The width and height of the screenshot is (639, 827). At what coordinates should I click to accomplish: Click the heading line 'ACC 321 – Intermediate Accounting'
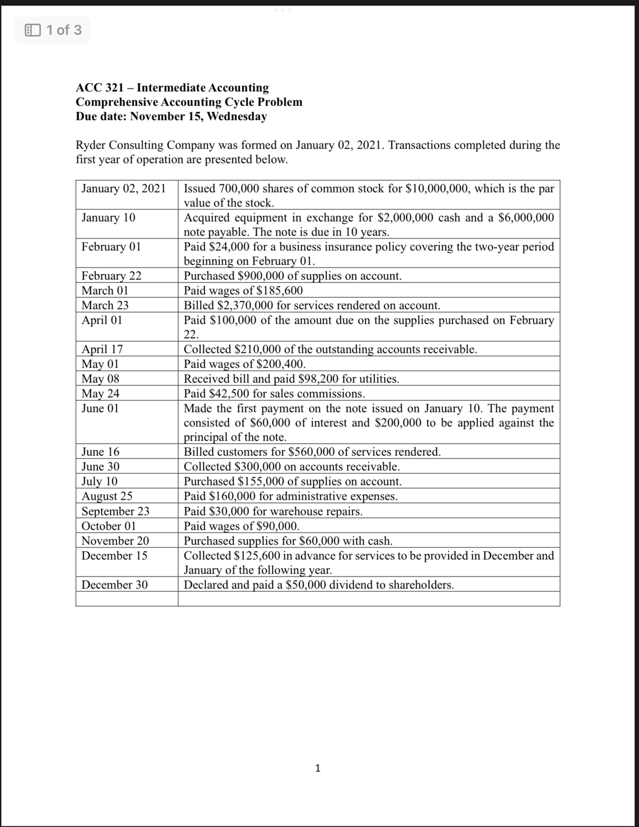coord(172,87)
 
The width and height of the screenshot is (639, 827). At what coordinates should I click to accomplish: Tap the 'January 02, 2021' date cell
coord(123,189)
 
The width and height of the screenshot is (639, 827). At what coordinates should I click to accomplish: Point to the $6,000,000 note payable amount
coord(526,217)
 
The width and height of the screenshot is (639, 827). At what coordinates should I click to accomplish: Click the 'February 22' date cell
coord(111,276)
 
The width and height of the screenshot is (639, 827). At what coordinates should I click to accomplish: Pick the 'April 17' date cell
coord(102,349)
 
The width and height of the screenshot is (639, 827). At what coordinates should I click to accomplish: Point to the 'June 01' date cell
coord(100,408)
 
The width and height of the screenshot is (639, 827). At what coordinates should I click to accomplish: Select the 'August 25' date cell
coord(107,496)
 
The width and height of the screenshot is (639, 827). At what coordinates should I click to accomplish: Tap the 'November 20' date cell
coord(115,541)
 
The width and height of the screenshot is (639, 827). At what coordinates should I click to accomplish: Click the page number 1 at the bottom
coord(318,768)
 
